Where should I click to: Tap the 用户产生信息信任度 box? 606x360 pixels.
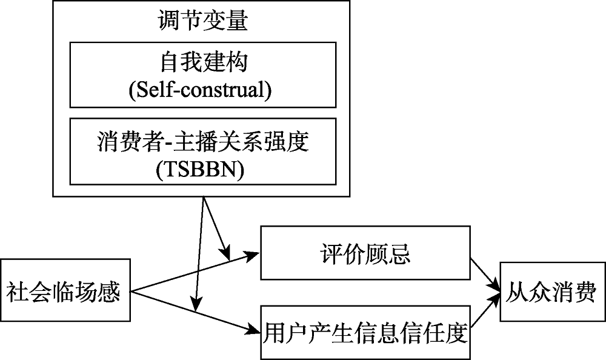(365, 333)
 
